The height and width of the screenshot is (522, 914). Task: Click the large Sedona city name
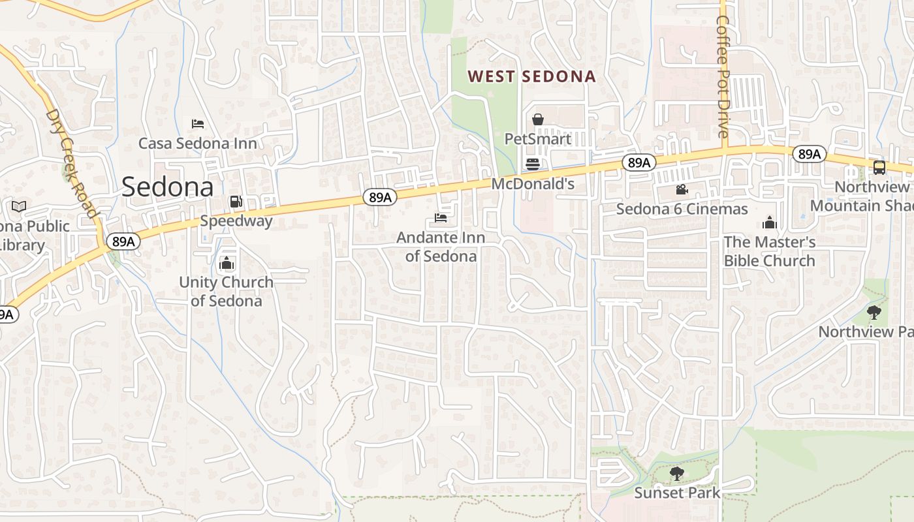point(167,187)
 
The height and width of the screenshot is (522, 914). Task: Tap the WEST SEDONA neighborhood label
point(532,76)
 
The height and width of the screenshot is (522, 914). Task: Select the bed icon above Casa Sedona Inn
point(198,124)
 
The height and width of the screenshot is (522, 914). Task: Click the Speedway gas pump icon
point(236,202)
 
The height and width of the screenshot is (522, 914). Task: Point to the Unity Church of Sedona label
point(226,292)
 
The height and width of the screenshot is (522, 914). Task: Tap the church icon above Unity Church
point(227,264)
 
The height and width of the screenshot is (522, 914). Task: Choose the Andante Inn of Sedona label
point(441,247)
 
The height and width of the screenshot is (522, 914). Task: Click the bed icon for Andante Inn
point(441,218)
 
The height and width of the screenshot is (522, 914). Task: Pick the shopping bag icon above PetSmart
point(538,119)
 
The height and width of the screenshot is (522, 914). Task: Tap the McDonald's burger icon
point(533,164)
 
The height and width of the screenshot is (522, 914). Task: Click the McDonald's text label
point(533,184)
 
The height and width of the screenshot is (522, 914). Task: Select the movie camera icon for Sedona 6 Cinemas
point(682,190)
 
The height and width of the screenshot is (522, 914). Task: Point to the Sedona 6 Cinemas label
point(682,209)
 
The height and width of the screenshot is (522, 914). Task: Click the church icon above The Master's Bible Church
point(770,223)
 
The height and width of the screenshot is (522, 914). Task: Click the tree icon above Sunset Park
point(676,474)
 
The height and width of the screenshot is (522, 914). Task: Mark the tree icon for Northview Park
point(874,313)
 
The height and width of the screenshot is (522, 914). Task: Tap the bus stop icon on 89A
point(879,168)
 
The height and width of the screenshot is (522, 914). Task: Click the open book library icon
point(19,207)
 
